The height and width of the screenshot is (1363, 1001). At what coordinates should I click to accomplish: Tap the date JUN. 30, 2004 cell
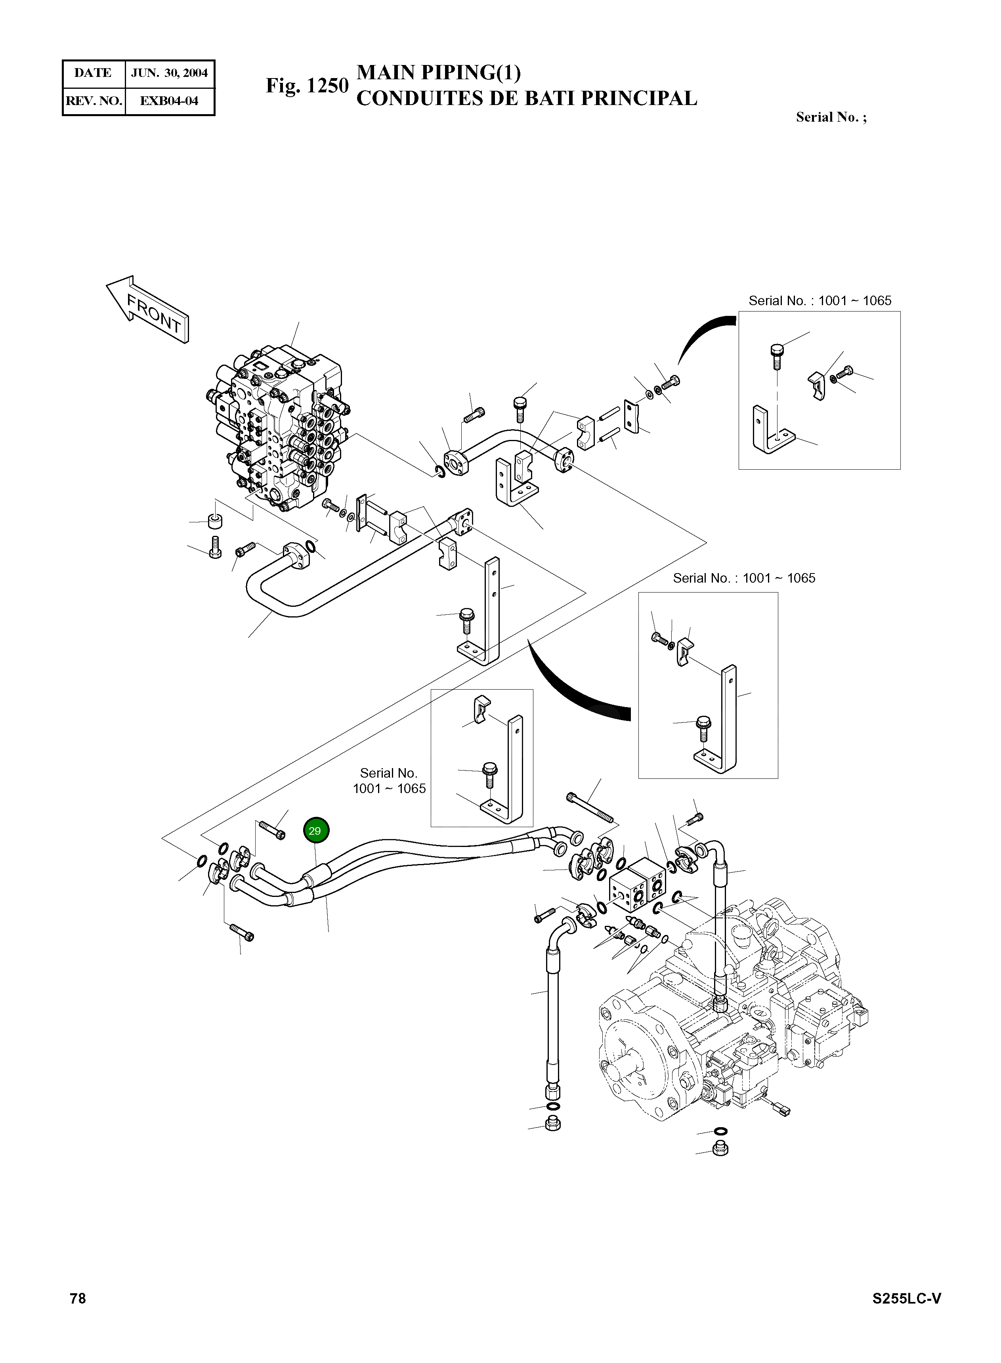169,73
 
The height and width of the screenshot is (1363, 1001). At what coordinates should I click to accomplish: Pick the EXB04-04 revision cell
169,101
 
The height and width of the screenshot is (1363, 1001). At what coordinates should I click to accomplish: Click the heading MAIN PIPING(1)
438,73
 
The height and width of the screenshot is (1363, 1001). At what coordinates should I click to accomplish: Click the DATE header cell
93,73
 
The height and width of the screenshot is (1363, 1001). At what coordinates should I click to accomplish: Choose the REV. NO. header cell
93,101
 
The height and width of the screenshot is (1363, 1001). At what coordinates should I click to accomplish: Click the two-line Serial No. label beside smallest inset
389,781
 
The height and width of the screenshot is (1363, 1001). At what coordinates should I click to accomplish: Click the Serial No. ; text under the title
831,118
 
